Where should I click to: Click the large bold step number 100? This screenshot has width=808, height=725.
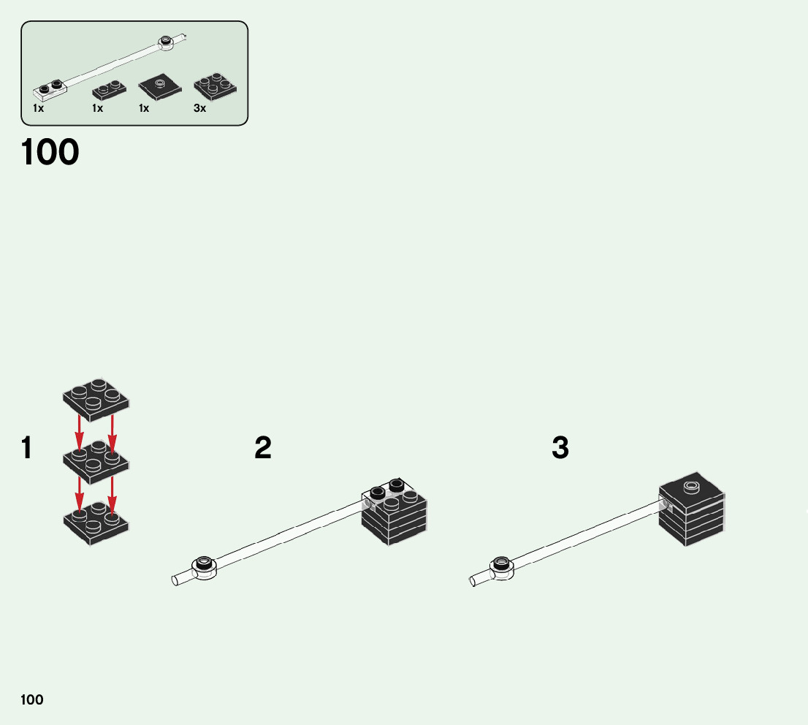[50, 153]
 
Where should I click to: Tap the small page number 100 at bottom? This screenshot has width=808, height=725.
[32, 700]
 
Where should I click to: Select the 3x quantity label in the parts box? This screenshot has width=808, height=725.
[199, 108]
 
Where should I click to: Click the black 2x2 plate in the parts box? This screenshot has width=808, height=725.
[215, 86]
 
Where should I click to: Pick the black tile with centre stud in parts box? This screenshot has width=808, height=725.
[161, 87]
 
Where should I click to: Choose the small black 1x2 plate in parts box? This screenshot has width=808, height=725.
[109, 90]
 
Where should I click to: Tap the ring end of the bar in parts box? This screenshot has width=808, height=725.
[167, 42]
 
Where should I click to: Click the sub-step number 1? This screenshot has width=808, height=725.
[27, 449]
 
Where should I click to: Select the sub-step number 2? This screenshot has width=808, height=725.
[263, 449]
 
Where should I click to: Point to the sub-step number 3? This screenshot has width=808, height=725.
[560, 449]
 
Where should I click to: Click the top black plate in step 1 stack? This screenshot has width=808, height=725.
[96, 399]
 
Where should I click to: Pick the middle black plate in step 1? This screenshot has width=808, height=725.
[96, 460]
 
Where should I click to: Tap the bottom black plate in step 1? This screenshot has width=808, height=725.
[96, 522]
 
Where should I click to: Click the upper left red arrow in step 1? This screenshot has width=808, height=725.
[80, 431]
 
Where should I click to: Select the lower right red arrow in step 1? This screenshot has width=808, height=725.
[112, 493]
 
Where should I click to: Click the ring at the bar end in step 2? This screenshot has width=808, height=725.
[205, 565]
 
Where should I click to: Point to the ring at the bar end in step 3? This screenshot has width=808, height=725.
[502, 565]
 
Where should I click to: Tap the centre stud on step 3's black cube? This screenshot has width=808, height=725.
[691, 487]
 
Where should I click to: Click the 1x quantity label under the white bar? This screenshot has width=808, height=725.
[38, 108]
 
